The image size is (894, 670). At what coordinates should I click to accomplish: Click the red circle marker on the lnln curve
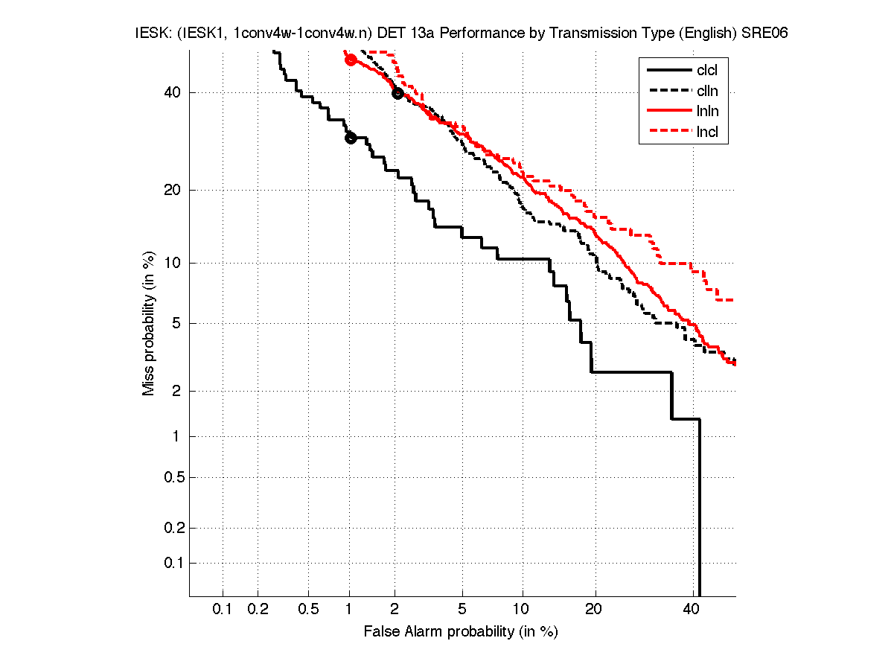coord(351,60)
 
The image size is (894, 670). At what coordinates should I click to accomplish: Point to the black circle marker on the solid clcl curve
coord(351,138)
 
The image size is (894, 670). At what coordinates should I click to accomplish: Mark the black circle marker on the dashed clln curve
coord(397,93)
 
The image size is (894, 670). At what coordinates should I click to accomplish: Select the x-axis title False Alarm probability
coord(461,632)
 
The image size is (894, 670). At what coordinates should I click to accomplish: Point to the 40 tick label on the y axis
coord(170,92)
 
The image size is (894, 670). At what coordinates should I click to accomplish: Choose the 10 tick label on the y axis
coord(170,262)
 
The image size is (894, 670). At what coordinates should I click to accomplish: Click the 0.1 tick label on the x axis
coord(223,609)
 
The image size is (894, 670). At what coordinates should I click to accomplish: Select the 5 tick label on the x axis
coord(462,609)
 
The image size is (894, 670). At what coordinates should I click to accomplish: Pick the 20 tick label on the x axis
coord(593,609)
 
